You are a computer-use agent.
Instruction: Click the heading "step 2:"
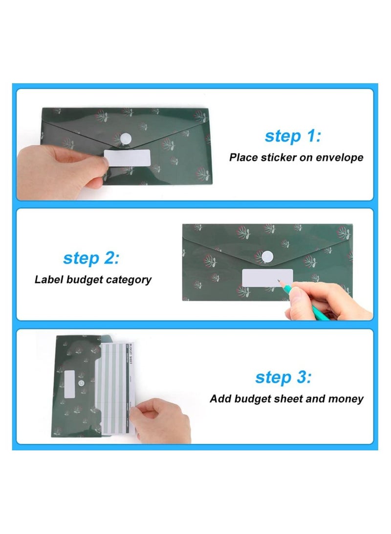90,258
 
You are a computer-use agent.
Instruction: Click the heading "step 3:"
283,377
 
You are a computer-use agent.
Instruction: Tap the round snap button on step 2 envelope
267,256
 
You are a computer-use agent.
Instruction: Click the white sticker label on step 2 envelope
267,278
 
